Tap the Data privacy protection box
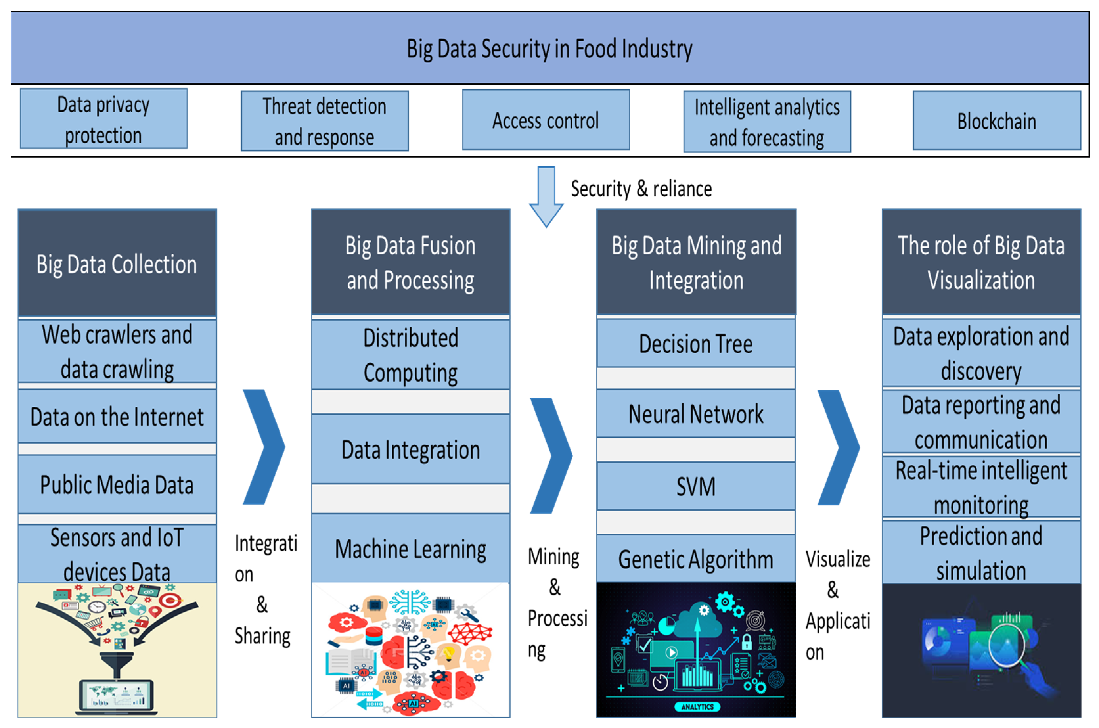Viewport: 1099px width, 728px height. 103,119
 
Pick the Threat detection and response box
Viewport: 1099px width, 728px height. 325,121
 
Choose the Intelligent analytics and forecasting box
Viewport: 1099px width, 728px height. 767,122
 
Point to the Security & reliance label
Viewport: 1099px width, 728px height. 641,189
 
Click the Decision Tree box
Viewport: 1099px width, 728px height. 695,344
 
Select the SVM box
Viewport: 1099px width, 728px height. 695,487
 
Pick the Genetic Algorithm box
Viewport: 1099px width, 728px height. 695,559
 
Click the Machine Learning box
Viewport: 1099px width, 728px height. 410,549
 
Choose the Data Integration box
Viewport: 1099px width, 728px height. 410,449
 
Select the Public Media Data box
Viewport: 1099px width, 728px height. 117,485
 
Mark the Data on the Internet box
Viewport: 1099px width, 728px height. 117,417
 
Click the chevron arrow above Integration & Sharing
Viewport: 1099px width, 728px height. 264,447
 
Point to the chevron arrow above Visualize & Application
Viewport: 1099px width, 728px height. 839,447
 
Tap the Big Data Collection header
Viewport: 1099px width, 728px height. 117,264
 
